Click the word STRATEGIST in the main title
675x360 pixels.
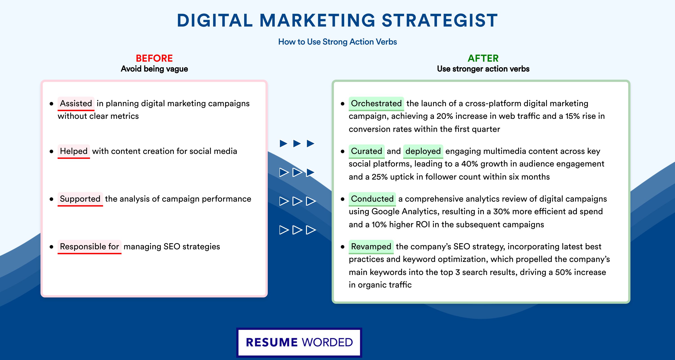pyautogui.click(x=439, y=20)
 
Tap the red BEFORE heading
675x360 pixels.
pyautogui.click(x=154, y=58)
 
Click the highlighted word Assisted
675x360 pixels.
pyautogui.click(x=76, y=103)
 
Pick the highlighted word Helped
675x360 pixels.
pyautogui.click(x=74, y=151)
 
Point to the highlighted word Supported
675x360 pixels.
pyautogui.click(x=80, y=199)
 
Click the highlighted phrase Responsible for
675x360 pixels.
pyautogui.click(x=89, y=247)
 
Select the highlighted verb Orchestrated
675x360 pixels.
pyautogui.click(x=376, y=103)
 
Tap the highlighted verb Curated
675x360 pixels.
pyautogui.click(x=367, y=151)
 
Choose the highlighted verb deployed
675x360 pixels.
pyautogui.click(x=423, y=151)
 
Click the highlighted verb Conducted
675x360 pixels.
pyautogui.click(x=372, y=199)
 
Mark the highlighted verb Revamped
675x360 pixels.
pyautogui.click(x=371, y=247)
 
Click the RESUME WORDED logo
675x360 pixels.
pyautogui.click(x=299, y=342)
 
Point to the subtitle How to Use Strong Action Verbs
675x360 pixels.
pyautogui.click(x=337, y=42)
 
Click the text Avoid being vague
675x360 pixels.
pyautogui.click(x=154, y=69)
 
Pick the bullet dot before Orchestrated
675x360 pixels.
pyautogui.click(x=342, y=104)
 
